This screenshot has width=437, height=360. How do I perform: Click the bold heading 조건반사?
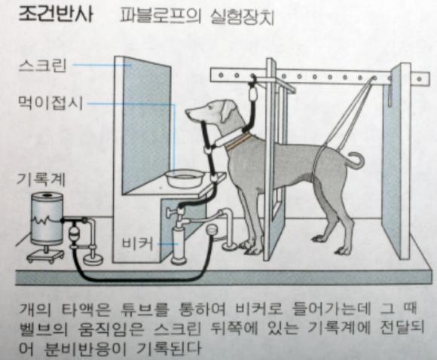click(55, 14)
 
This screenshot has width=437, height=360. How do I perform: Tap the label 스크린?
click(43, 66)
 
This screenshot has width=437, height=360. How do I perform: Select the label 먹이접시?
click(50, 103)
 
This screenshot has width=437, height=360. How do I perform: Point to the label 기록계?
click(41, 179)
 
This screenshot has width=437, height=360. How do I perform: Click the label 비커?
click(138, 243)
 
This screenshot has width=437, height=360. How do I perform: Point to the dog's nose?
click(188, 111)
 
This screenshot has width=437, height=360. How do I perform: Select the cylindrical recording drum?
click(47, 218)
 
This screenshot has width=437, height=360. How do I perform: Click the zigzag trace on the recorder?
click(46, 220)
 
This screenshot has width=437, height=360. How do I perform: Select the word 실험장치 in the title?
click(241, 17)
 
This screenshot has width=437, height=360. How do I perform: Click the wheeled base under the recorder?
click(45, 255)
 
